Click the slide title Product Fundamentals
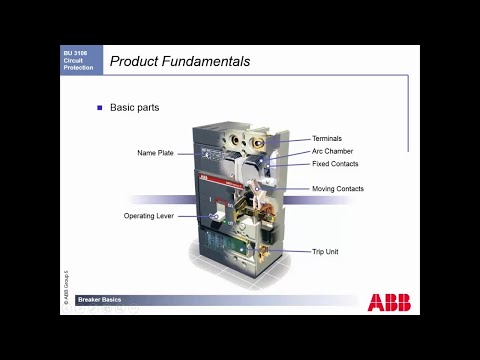180,62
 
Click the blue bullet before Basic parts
99,107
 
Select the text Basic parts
135,107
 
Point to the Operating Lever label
148,215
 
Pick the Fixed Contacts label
335,164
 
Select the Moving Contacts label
338,189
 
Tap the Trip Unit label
325,251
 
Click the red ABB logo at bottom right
388,302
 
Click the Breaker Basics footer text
100,298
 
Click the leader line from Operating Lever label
195,216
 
